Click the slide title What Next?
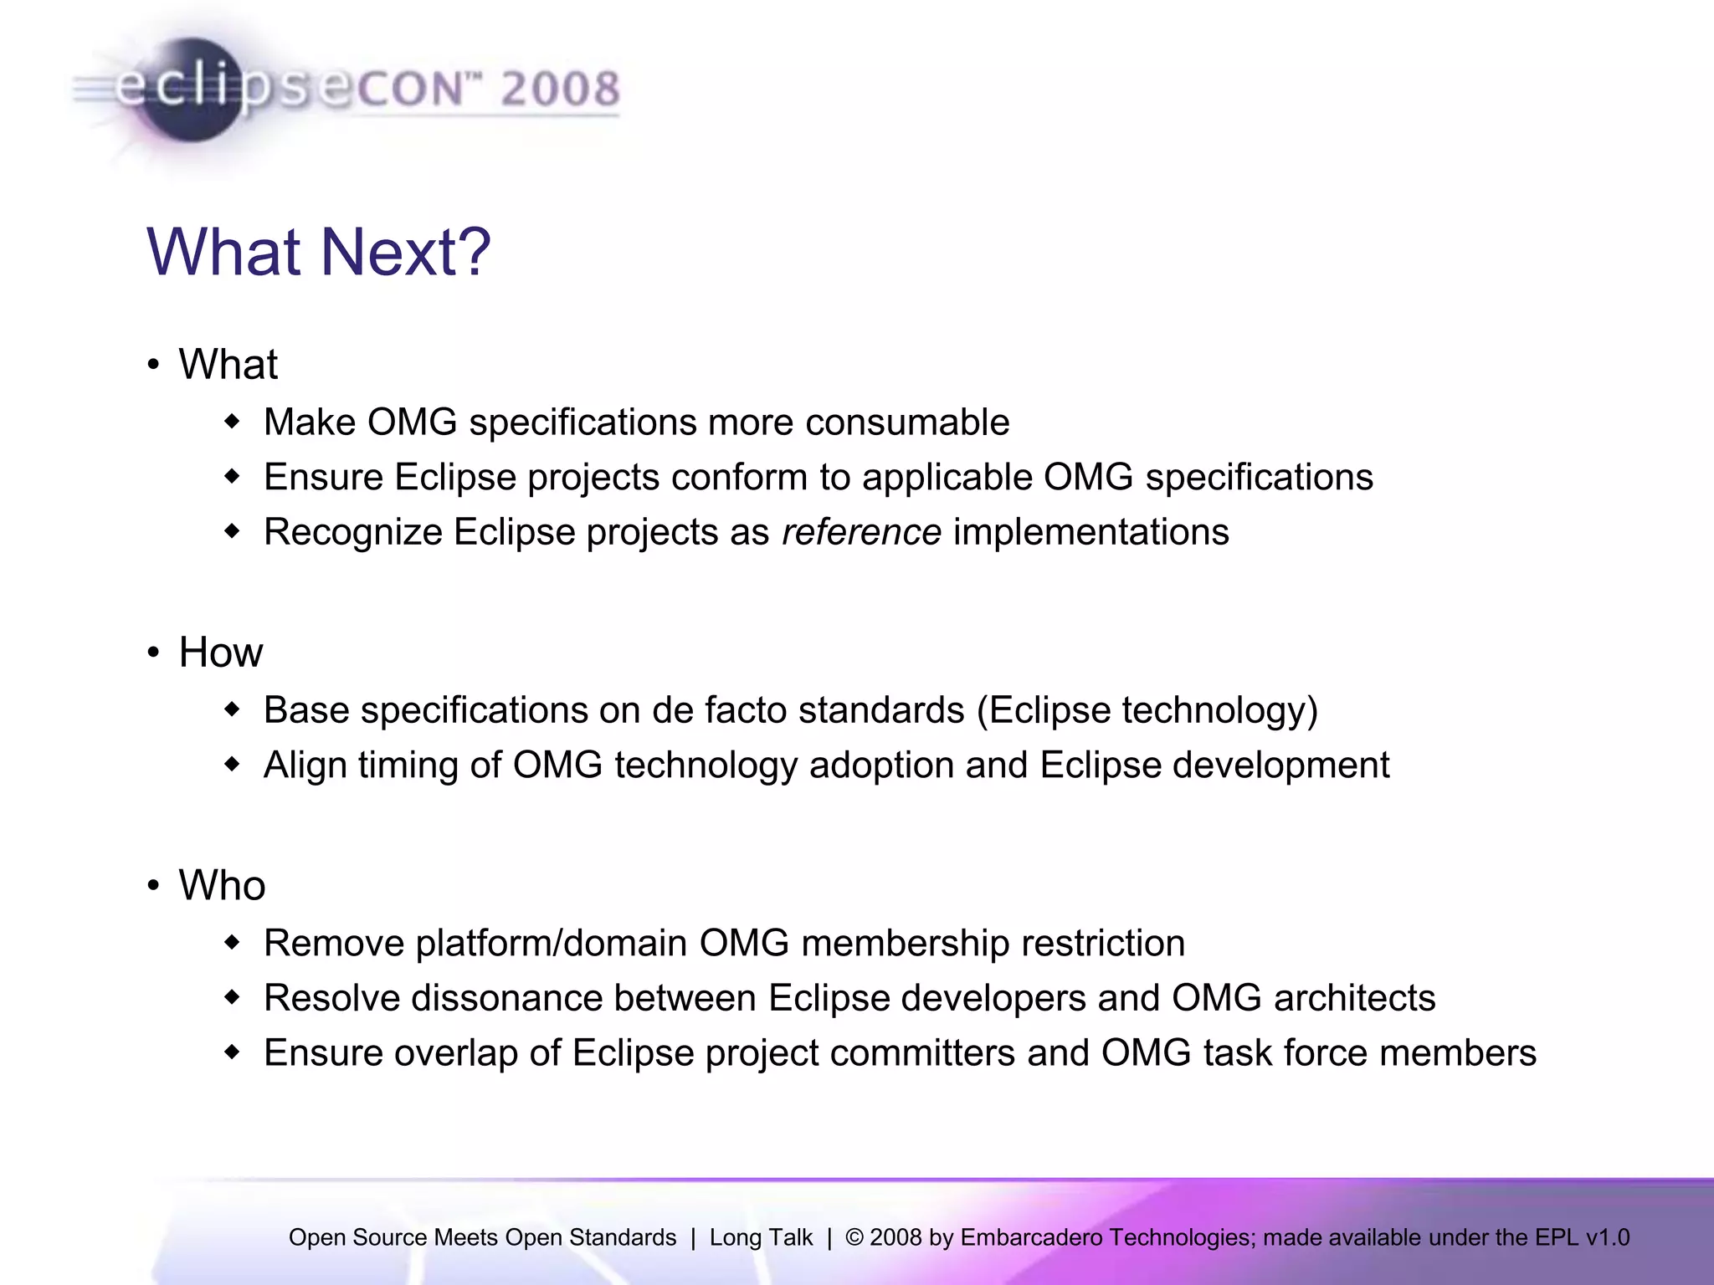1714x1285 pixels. [318, 252]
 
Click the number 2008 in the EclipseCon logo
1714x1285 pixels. [560, 89]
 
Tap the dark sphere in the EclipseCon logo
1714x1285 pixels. [191, 90]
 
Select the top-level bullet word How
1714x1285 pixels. [221, 653]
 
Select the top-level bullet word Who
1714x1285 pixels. [222, 886]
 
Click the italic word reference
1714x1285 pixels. [861, 532]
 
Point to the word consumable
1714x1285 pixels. [907, 422]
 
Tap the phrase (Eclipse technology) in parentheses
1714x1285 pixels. [1147, 710]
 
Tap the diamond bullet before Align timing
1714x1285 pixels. [233, 764]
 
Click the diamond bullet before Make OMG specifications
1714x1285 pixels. [233, 422]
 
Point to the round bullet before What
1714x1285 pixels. [153, 365]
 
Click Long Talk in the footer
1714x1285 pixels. [761, 1237]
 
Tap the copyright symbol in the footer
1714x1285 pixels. [854, 1237]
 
